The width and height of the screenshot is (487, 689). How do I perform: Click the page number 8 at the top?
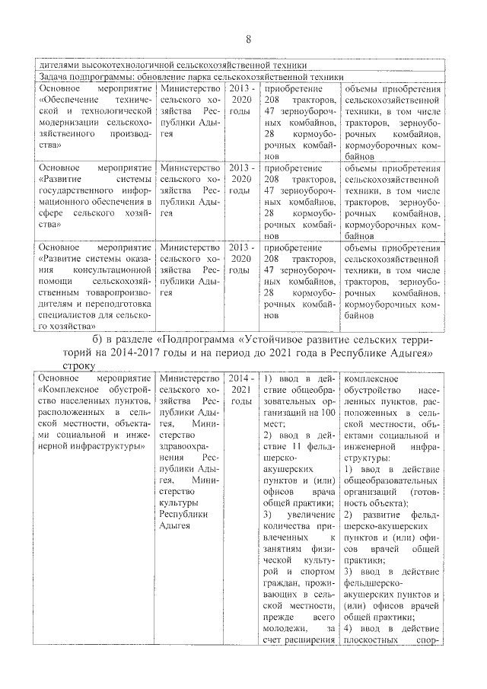248,40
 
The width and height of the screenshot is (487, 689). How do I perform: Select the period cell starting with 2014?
240,389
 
